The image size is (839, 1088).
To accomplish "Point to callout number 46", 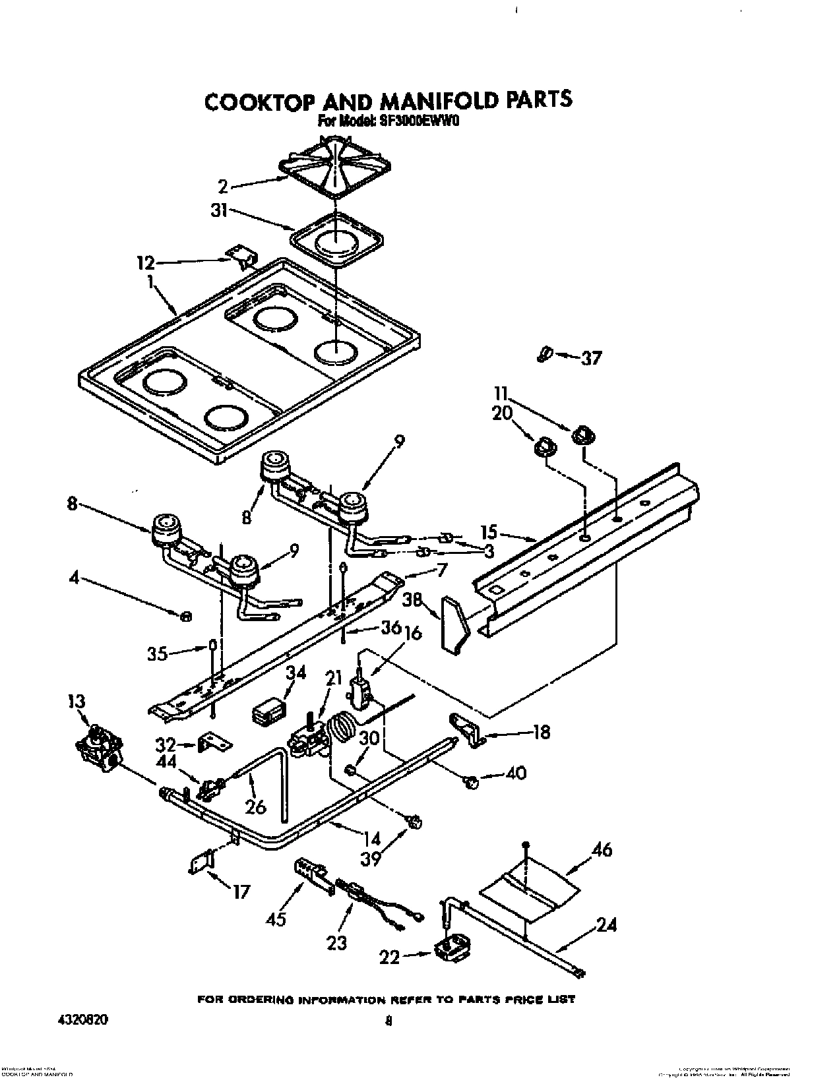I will click(600, 849).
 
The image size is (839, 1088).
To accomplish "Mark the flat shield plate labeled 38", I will click(454, 623).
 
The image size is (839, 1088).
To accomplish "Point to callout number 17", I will click(241, 892).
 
